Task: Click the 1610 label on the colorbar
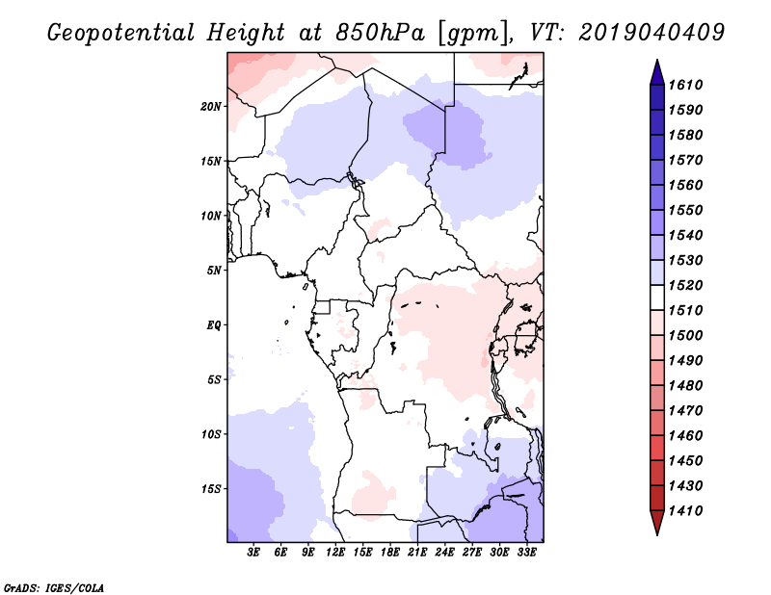tap(685, 85)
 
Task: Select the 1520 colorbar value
tap(685, 285)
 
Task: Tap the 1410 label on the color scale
tap(685, 510)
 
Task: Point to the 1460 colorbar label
tap(685, 435)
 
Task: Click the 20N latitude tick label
tap(211, 106)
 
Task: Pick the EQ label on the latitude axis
tap(214, 324)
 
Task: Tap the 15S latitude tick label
tap(211, 488)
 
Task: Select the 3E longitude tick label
tap(253, 553)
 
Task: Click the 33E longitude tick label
tap(526, 553)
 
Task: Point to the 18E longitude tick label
tap(390, 553)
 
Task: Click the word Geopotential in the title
tap(121, 33)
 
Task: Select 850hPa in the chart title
tap(380, 33)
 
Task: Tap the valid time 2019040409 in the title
tap(652, 33)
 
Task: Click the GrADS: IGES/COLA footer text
tap(54, 587)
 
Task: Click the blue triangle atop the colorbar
tap(657, 73)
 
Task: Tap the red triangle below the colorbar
tap(657, 523)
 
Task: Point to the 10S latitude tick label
tap(211, 434)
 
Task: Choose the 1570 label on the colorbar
tap(685, 160)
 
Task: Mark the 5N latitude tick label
tap(214, 270)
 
